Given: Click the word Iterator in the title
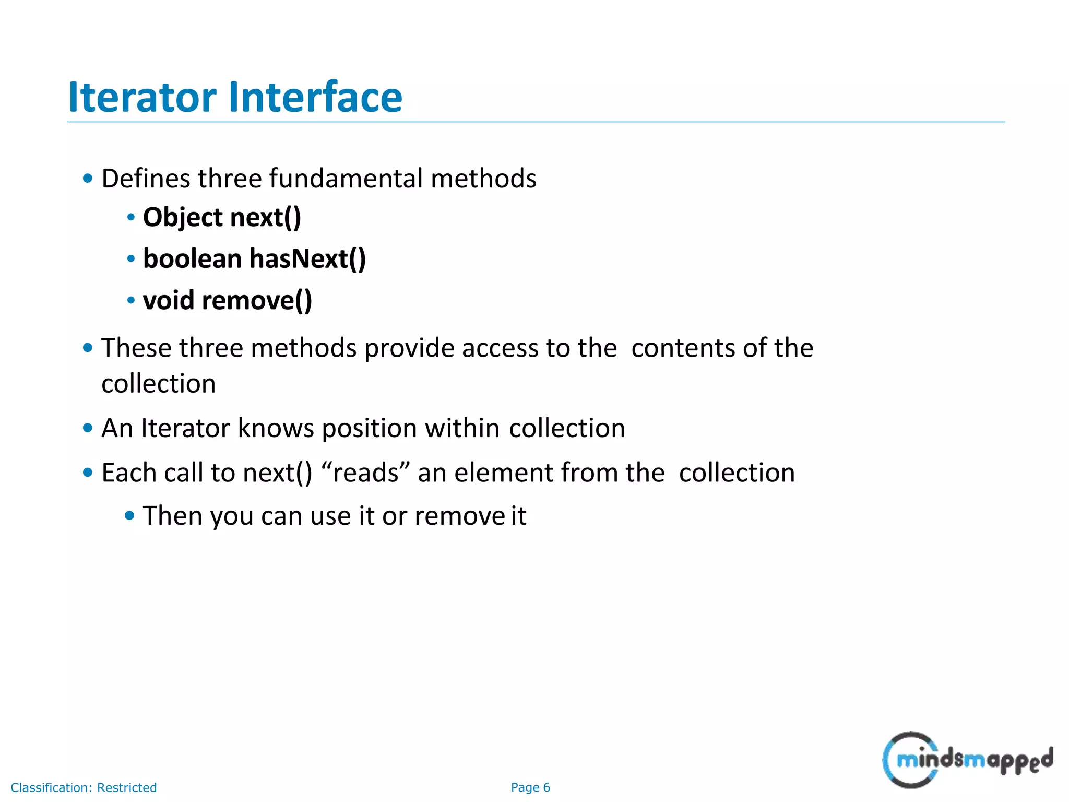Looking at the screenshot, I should (142, 97).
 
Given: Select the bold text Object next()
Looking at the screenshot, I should (222, 217).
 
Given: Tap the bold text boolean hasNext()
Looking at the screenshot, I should (254, 259).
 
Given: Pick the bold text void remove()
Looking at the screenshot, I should (227, 301).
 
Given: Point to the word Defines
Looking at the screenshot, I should (146, 179).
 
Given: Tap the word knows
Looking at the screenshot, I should (276, 428).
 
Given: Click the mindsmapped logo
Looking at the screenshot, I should (967, 760).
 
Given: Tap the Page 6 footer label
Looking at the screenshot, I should (530, 787).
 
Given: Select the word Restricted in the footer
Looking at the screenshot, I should (127, 787).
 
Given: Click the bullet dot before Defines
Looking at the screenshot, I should (88, 179).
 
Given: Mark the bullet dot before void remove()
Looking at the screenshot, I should (131, 300).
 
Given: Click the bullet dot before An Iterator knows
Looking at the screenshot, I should (88, 428).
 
